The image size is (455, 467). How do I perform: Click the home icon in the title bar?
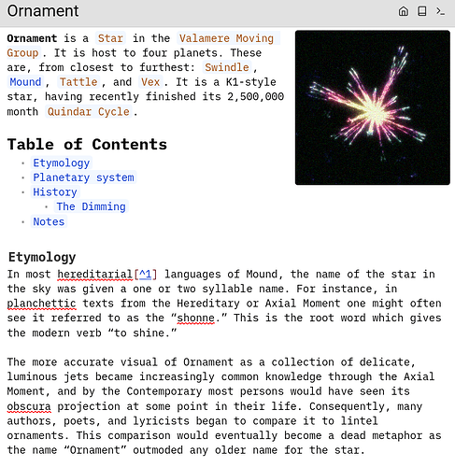pyautogui.click(x=403, y=11)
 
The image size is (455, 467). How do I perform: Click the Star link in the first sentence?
pyautogui.click(x=111, y=38)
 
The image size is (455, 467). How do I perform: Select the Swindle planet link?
pyautogui.click(x=227, y=68)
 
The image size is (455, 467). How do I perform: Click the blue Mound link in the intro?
pyautogui.click(x=25, y=82)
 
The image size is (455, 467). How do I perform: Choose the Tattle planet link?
pyautogui.click(x=78, y=82)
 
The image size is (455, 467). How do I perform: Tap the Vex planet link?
pyautogui.click(x=149, y=82)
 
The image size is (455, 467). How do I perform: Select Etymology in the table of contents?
pyautogui.click(x=62, y=163)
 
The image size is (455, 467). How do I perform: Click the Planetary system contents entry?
pyautogui.click(x=83, y=177)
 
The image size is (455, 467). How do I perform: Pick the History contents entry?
pyautogui.click(x=55, y=192)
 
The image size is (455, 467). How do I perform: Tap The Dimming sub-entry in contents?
pyautogui.click(x=91, y=207)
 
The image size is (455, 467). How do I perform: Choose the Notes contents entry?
pyautogui.click(x=49, y=222)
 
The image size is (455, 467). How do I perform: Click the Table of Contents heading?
pyautogui.click(x=87, y=144)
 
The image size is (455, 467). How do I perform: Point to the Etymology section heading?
pyautogui.click(x=42, y=257)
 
